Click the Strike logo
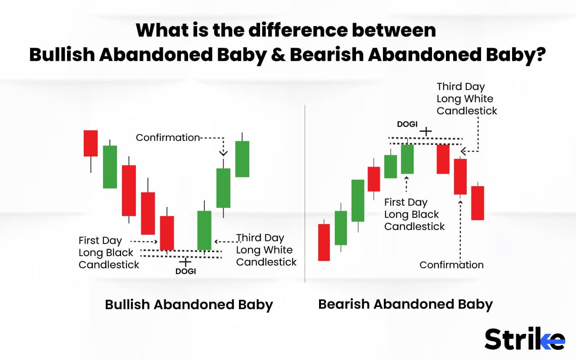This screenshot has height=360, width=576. coord(524,339)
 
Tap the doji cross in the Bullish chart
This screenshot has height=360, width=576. coord(184,261)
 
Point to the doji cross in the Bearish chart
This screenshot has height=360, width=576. coord(425,131)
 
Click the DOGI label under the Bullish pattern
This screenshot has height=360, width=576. coord(185,271)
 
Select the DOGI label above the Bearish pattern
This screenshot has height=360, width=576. coord(407,124)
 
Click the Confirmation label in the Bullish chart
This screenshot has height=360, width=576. coord(167,138)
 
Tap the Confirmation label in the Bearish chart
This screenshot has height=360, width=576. coord(451,265)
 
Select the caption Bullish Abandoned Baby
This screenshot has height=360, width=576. coord(189,305)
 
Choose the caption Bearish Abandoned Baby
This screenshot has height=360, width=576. coord(405,304)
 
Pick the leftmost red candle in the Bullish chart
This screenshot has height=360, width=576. coord(90,143)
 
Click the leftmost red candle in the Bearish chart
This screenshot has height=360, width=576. coord(324,242)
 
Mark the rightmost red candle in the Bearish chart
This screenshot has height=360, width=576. coord(477,203)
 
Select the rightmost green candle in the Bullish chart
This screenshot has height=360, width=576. coord(242,159)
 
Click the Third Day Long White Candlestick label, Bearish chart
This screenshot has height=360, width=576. coord(467,99)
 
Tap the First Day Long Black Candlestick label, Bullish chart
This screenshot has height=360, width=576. coord(106,252)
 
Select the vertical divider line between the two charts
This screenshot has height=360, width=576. coord(305,193)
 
